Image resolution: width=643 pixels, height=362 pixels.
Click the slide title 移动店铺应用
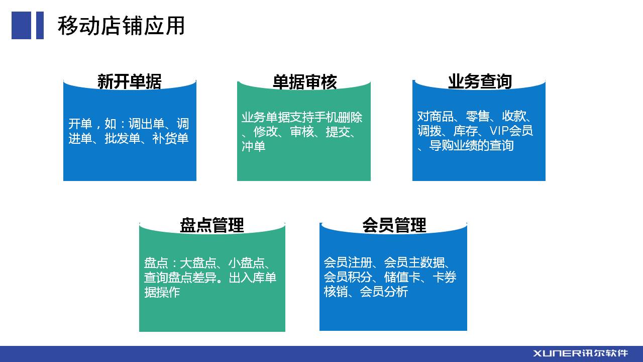pyautogui.click(x=121, y=26)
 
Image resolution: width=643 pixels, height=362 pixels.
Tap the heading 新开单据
pyautogui.click(x=130, y=81)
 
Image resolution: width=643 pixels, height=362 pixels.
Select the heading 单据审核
pyautogui.click(x=304, y=82)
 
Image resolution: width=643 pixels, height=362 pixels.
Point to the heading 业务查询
pyautogui.click(x=480, y=81)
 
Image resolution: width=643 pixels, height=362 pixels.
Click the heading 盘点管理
pyautogui.click(x=212, y=225)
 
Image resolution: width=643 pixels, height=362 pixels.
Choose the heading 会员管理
pyautogui.click(x=394, y=225)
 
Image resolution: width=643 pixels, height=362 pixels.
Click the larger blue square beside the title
pyautogui.click(x=21, y=25)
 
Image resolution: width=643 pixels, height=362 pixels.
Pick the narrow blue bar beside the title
pyautogui.click(x=40, y=25)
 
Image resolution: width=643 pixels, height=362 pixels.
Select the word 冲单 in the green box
pyautogui.click(x=253, y=146)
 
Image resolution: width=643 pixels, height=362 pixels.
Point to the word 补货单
pyautogui.click(x=170, y=138)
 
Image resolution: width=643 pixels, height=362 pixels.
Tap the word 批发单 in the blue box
pyautogui.click(x=122, y=138)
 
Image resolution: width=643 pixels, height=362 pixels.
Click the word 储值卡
pyautogui.click(x=402, y=278)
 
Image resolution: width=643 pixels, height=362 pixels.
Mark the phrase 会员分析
pyautogui.click(x=384, y=292)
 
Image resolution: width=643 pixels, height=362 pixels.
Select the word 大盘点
pyautogui.click(x=198, y=263)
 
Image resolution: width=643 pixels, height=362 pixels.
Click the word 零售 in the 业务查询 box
pyautogui.click(x=477, y=116)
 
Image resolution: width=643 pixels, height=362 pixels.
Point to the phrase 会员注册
pyautogui.click(x=348, y=262)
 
